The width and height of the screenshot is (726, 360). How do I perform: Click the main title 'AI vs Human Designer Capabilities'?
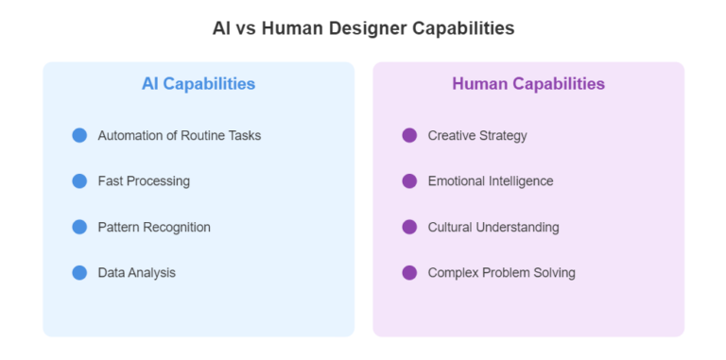coord(363,28)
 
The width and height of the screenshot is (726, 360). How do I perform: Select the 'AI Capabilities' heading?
coord(199,83)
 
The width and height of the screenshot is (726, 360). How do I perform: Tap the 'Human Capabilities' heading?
coord(528,83)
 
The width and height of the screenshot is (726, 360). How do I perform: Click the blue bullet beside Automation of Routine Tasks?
coord(79,135)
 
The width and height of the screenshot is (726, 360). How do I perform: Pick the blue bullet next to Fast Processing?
coord(79,180)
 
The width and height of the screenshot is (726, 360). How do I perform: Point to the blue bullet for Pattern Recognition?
coord(79,227)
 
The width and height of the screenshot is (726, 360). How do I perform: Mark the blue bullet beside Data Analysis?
coord(79,272)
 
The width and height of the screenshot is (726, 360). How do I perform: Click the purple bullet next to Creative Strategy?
coord(409,135)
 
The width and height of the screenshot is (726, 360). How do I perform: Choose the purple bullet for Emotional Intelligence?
coord(409,180)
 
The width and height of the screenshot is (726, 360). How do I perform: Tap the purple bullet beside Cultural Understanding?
coord(409,227)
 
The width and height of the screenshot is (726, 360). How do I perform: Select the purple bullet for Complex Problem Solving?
coord(409,272)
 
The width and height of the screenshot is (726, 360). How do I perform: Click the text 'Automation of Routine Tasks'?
coord(180,135)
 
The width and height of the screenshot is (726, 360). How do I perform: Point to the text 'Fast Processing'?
coord(144,180)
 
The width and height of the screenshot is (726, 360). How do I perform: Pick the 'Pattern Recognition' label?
coord(154,227)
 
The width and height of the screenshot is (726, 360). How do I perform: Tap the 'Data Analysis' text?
coord(137,272)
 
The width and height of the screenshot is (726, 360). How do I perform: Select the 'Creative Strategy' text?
coord(477,135)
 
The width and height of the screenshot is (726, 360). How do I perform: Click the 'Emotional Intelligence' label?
coord(491,180)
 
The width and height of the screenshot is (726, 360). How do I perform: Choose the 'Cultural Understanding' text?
coord(493,227)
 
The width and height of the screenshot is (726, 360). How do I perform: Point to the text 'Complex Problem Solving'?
coord(501,272)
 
